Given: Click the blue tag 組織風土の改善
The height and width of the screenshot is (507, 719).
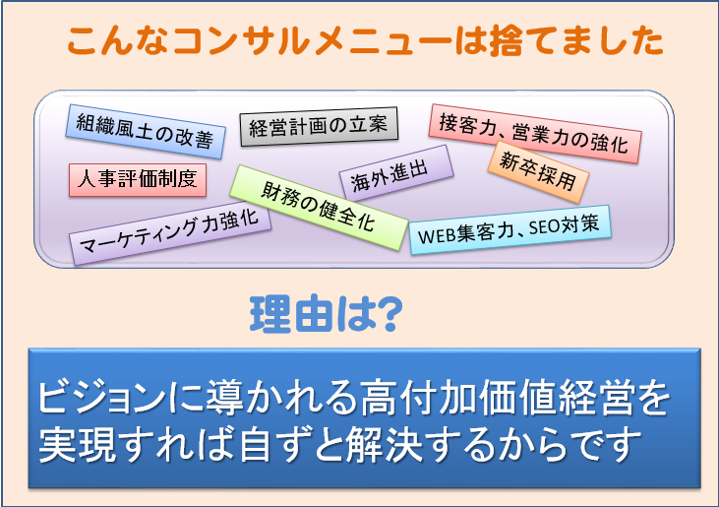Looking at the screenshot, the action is click(x=146, y=131).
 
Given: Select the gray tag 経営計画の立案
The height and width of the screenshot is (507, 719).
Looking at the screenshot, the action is click(x=319, y=126).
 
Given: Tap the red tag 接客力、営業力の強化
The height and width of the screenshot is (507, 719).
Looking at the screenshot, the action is click(x=535, y=133).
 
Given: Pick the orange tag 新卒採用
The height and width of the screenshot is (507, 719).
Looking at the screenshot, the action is click(x=538, y=172).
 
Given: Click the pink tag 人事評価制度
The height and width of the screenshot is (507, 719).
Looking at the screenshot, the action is click(x=138, y=180).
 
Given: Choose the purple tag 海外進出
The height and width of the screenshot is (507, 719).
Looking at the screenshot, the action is click(x=396, y=173).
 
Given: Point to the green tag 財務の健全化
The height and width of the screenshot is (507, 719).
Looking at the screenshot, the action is click(x=319, y=208).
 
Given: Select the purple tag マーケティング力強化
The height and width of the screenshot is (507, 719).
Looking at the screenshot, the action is click(x=170, y=233).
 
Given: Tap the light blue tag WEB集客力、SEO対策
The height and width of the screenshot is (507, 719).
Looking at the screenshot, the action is click(x=509, y=229).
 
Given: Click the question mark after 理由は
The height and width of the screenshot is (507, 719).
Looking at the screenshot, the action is click(x=388, y=314).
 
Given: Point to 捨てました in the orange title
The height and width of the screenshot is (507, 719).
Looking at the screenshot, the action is click(x=575, y=41).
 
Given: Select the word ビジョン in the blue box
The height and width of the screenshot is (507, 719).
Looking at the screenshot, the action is click(x=101, y=398).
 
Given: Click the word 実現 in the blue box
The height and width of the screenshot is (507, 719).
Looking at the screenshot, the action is click(x=78, y=444).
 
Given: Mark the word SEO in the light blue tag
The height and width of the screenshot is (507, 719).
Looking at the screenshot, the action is click(x=544, y=227).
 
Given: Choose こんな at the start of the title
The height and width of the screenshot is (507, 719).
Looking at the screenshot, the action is click(x=118, y=41).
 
